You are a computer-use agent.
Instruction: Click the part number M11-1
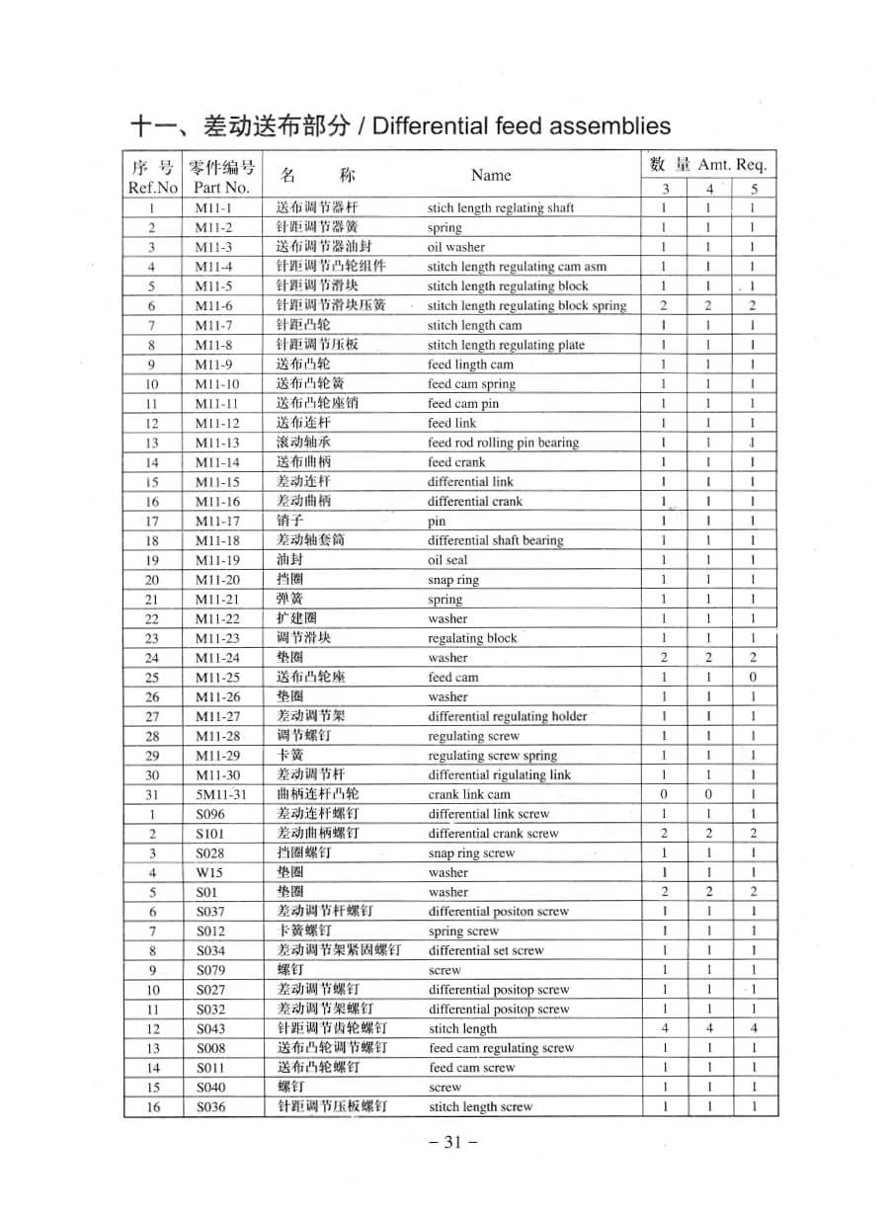coord(212,208)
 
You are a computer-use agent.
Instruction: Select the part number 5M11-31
coord(216,794)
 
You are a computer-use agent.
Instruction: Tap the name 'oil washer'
coord(456,247)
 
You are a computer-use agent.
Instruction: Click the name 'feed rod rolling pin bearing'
coord(503,443)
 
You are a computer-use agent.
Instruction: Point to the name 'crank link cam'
coord(469,794)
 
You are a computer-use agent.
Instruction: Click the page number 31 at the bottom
coord(453,1142)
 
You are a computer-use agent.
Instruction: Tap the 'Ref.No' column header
coord(153,187)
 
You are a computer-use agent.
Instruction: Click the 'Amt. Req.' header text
coord(732,165)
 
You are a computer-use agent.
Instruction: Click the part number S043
coord(210,1029)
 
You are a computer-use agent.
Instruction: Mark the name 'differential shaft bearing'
coord(495,540)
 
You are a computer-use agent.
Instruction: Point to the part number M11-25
coord(216,678)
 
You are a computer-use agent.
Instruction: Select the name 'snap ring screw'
coord(471,853)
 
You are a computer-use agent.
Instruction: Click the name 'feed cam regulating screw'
coord(501,1048)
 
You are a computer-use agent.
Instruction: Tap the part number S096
coord(210,814)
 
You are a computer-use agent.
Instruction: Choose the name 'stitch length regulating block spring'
coord(526,306)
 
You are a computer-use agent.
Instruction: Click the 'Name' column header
coord(491,176)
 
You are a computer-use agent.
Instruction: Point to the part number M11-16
coord(216,502)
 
